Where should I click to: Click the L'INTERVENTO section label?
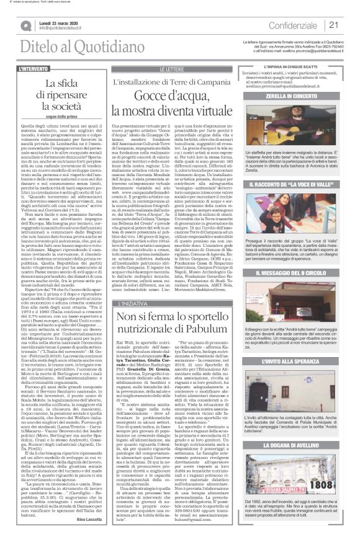[37, 68]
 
